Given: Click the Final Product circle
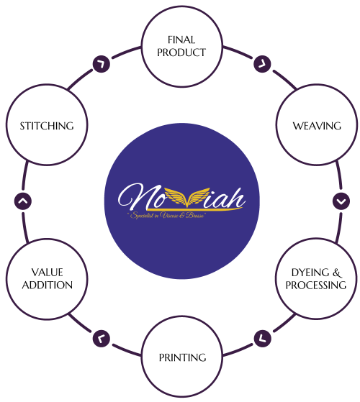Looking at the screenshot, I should click(x=181, y=45).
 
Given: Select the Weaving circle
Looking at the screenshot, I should click(x=316, y=126).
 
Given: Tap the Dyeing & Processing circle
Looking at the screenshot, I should click(x=316, y=279).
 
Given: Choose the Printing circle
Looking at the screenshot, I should click(x=181, y=357).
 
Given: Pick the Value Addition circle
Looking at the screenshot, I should click(x=46, y=279).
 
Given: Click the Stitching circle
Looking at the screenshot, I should click(x=46, y=126).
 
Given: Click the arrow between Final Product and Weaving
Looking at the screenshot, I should click(x=262, y=63).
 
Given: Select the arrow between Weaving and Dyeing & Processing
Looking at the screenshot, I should click(x=341, y=201).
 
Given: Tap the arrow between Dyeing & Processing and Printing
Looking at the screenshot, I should click(x=262, y=336).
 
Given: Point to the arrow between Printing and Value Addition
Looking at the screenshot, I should click(x=101, y=336).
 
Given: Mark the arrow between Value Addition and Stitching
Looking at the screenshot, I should click(x=22, y=201).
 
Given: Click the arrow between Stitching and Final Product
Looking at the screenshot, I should click(x=101, y=63).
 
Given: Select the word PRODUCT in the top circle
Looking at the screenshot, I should click(x=181, y=52).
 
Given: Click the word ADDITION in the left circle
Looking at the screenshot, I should click(x=46, y=285).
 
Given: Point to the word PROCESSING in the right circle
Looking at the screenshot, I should click(x=316, y=285).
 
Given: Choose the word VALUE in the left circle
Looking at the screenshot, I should click(x=46, y=273).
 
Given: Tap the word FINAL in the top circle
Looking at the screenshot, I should click(x=181, y=40).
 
